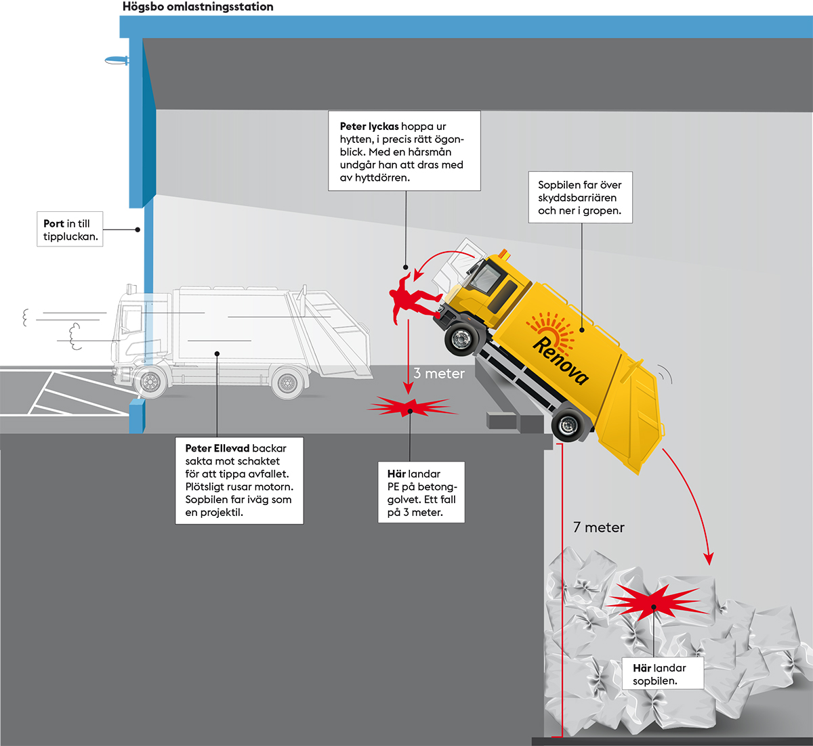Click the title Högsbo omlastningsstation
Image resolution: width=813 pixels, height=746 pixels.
click(198, 7)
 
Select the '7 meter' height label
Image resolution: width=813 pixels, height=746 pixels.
click(598, 527)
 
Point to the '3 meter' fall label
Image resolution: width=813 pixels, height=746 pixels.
click(439, 373)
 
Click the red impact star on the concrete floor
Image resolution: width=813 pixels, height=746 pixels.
click(410, 408)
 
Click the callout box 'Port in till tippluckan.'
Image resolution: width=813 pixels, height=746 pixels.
click(70, 229)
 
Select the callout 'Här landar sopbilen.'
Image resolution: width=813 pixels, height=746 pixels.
click(659, 674)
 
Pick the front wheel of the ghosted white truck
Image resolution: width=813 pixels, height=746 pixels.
click(150, 382)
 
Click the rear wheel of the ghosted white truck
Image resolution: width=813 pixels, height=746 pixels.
click(288, 383)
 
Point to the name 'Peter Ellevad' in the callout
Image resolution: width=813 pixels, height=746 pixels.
click(217, 448)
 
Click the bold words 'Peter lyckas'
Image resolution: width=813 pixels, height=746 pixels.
click(369, 127)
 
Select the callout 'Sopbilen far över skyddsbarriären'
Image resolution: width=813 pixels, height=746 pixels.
click(580, 198)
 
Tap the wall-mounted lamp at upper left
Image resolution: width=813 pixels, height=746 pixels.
click(117, 61)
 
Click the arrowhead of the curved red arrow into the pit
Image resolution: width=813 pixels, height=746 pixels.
click(709, 559)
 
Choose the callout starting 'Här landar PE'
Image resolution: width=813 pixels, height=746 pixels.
click(421, 493)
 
